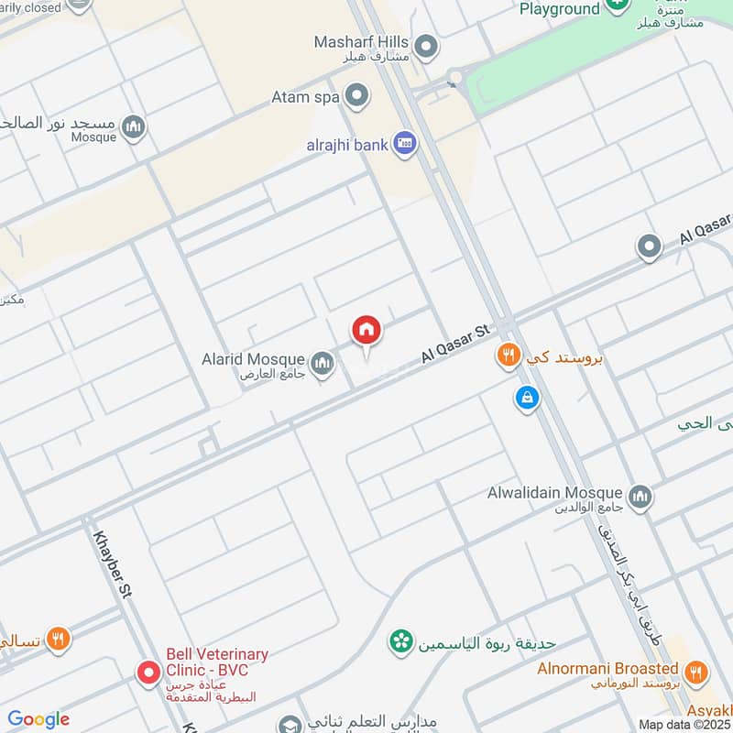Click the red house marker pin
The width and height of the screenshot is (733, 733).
[x=366, y=330]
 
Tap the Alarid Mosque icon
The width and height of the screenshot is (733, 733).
[x=322, y=365]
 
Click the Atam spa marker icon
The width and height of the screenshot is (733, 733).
[x=356, y=95]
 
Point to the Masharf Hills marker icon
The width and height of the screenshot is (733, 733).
[x=424, y=45]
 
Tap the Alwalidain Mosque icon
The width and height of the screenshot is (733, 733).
[x=640, y=496]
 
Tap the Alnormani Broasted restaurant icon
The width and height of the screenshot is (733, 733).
[x=695, y=673]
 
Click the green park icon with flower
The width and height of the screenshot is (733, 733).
[x=399, y=642]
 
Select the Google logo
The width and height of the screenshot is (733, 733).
[x=38, y=719]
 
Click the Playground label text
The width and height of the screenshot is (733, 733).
[x=560, y=9]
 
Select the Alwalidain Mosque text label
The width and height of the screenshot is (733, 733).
[x=555, y=493]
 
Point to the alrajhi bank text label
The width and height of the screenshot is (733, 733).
[x=346, y=145]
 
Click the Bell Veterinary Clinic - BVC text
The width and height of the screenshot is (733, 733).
[x=217, y=662]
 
